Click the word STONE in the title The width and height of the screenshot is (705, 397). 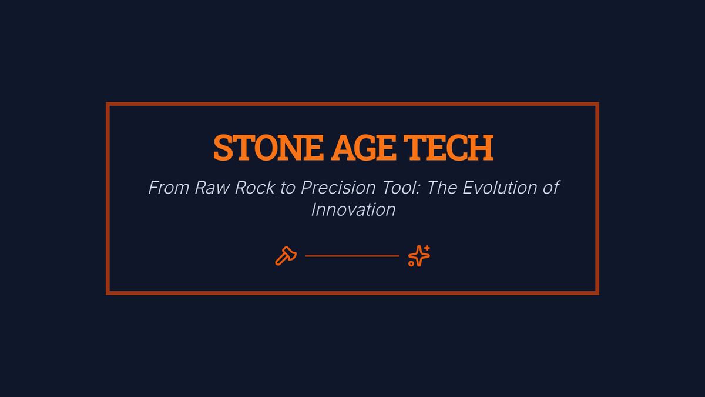pyautogui.click(x=268, y=148)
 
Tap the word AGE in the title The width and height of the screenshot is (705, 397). pyautogui.click(x=363, y=148)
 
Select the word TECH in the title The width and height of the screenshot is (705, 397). pyautogui.click(x=448, y=148)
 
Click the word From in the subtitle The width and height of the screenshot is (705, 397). pyautogui.click(x=169, y=188)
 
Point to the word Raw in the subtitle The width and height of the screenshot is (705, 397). pyautogui.click(x=213, y=188)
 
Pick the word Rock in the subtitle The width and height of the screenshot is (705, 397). pyautogui.click(x=255, y=188)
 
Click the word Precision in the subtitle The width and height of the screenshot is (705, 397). pyautogui.click(x=338, y=188)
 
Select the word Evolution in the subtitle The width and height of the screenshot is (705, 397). pyautogui.click(x=500, y=188)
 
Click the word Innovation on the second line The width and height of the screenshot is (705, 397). pyautogui.click(x=353, y=210)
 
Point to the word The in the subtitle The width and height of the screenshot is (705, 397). pyautogui.click(x=442, y=188)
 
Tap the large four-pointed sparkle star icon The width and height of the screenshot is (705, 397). pyautogui.click(x=419, y=256)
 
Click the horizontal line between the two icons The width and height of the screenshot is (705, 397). pyautogui.click(x=352, y=256)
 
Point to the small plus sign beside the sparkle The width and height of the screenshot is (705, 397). pyautogui.click(x=427, y=248)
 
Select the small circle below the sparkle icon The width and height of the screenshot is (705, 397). pyautogui.click(x=411, y=263)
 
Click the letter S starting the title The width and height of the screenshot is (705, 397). pyautogui.click(x=223, y=148)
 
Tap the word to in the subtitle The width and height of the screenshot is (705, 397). pyautogui.click(x=288, y=188)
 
